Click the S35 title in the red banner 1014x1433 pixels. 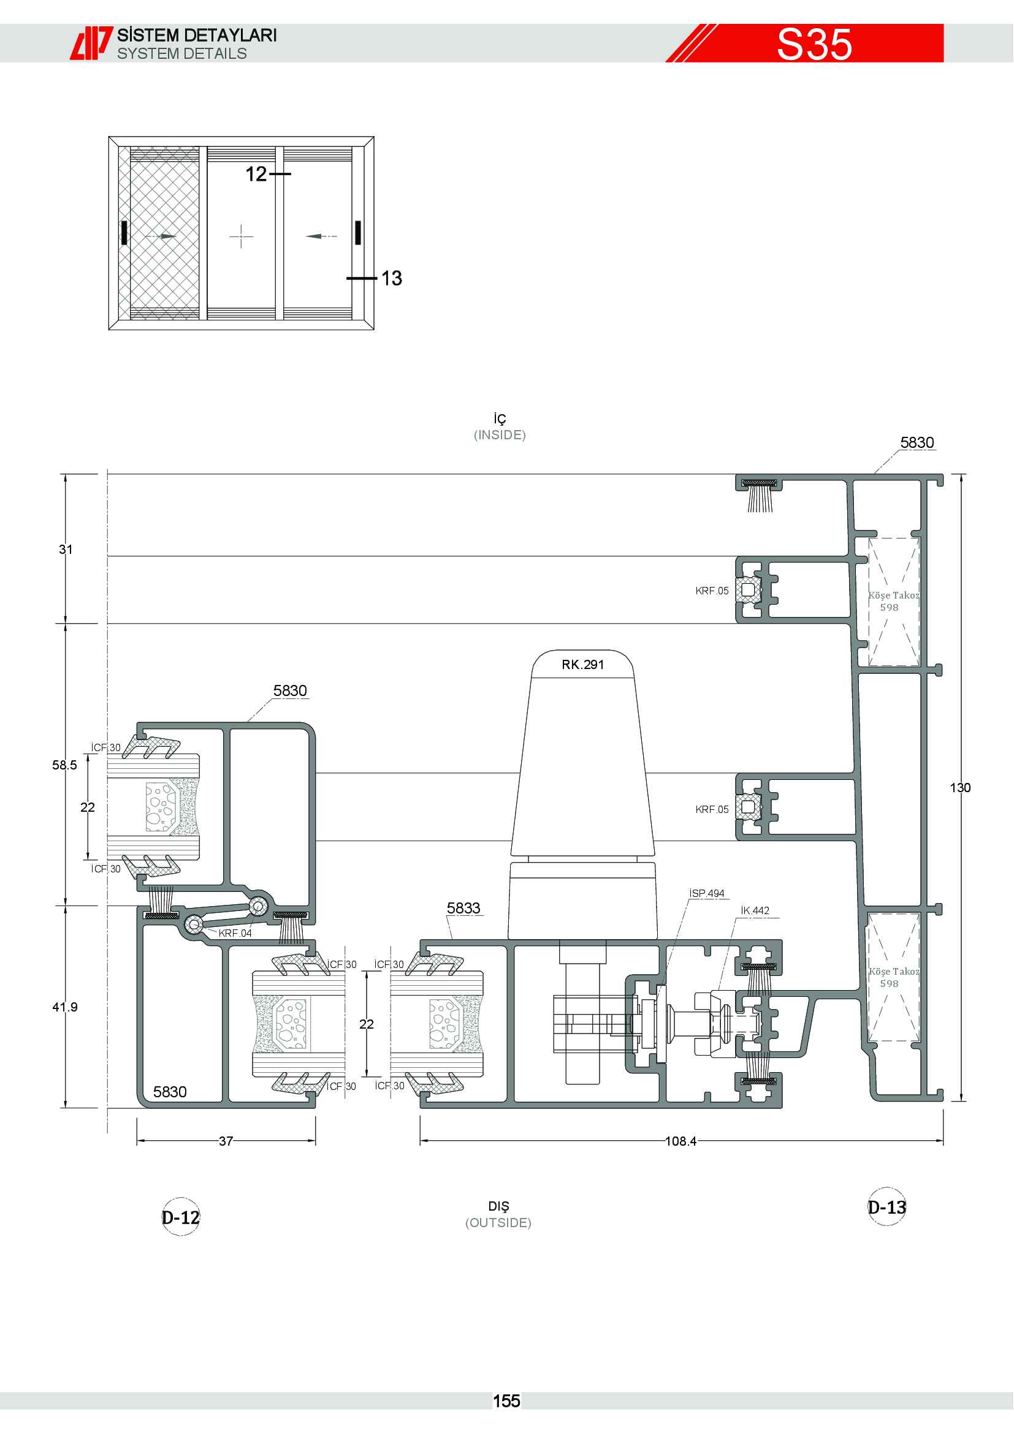click(814, 44)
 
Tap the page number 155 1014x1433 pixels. click(506, 1401)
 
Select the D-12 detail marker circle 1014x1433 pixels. click(180, 1217)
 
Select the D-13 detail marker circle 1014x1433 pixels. click(887, 1206)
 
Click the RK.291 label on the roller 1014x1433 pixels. click(582, 664)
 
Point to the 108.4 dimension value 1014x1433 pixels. click(680, 1141)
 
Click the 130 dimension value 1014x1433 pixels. click(960, 788)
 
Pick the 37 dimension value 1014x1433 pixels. click(226, 1141)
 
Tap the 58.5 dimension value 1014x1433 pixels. click(65, 765)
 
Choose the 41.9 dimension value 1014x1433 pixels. click(65, 1007)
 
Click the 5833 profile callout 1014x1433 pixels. click(463, 908)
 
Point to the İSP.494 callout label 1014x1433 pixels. click(707, 893)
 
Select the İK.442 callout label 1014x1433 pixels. click(755, 910)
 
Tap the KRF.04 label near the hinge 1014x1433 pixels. click(235, 933)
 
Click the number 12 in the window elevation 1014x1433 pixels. click(256, 174)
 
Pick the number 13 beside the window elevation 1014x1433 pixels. click(392, 278)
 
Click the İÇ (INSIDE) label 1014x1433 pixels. click(500, 427)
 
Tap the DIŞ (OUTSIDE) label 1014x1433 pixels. click(498, 1214)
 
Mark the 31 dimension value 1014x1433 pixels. click(66, 549)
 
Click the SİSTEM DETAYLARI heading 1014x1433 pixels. click(197, 35)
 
